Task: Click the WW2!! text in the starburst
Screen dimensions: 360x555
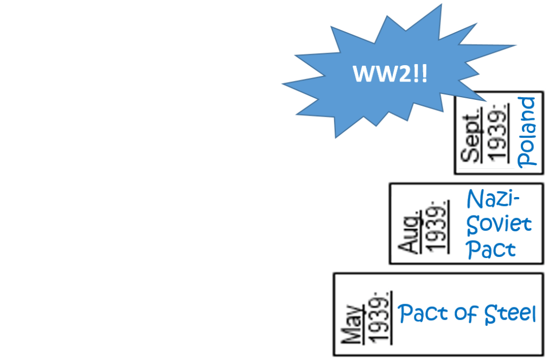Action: (x=390, y=74)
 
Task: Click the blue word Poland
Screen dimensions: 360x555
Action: (x=526, y=132)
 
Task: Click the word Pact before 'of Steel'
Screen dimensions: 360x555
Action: (x=420, y=314)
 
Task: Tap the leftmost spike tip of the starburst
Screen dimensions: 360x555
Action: (x=283, y=84)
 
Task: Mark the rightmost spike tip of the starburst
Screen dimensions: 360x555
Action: (x=516, y=46)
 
